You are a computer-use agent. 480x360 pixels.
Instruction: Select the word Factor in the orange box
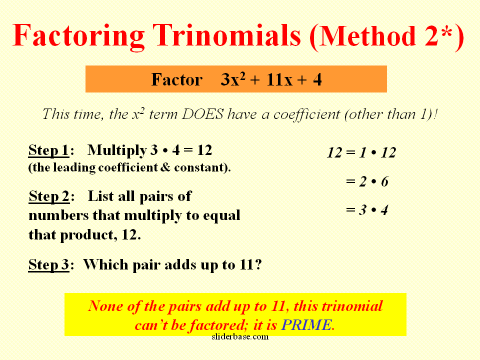176,79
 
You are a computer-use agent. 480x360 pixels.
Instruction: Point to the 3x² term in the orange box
233,79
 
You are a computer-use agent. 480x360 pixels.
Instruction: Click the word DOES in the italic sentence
202,114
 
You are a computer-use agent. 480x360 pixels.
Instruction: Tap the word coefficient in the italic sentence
306,115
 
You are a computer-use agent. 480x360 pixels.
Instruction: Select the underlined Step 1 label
48,150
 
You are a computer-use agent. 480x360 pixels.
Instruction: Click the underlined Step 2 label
49,196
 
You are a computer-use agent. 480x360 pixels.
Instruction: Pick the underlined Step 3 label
48,265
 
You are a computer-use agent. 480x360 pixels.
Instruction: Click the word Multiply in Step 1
117,150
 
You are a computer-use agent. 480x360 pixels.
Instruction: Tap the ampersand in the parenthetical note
165,167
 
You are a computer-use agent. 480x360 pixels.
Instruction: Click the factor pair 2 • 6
373,181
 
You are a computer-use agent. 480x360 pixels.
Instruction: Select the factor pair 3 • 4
373,210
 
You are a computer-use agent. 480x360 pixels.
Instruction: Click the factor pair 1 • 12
378,152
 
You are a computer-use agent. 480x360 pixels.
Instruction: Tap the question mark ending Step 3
258,264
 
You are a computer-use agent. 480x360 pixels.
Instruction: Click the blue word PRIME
306,325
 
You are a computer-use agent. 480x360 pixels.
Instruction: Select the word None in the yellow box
105,306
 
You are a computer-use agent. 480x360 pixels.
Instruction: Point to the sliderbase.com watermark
240,336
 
